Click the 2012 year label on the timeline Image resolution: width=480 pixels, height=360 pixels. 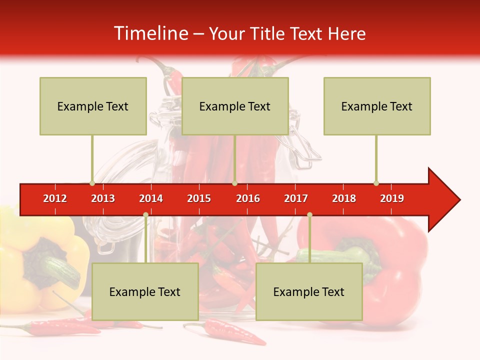[55, 198]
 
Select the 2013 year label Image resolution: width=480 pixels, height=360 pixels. [103, 198]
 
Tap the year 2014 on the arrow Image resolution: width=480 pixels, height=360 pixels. [151, 198]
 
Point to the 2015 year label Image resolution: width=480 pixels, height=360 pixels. [199, 198]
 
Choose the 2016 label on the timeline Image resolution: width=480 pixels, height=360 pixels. [248, 198]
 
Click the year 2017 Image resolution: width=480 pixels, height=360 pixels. [296, 198]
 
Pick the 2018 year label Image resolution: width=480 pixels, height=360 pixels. [344, 198]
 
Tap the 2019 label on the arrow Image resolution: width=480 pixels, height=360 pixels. [392, 198]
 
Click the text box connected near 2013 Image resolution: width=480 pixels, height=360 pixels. [93, 106]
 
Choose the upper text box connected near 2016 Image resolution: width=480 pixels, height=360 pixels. [235, 106]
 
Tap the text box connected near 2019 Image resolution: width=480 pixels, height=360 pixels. [377, 106]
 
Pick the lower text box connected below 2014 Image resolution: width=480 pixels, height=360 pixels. [145, 291]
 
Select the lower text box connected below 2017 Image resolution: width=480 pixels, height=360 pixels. [309, 291]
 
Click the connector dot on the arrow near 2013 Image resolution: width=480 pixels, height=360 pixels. [92, 183]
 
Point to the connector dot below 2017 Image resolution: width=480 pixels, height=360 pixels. [309, 215]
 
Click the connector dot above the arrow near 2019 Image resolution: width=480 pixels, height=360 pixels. [376, 183]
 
